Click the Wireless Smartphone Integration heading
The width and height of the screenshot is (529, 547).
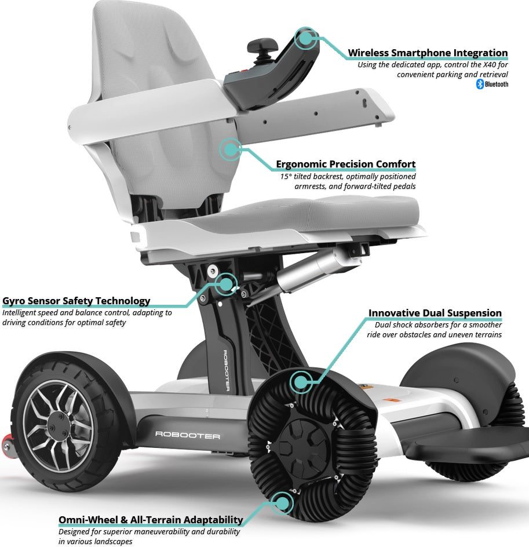point(428,53)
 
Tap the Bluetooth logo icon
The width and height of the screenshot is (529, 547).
point(480,85)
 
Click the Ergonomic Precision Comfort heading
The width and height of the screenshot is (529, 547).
point(345,164)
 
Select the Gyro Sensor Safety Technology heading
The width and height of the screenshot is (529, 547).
point(76,301)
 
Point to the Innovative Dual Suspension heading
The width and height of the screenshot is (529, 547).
point(435,313)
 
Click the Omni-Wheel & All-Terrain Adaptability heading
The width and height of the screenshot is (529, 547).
point(150,519)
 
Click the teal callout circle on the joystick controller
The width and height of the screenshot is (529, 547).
point(306,39)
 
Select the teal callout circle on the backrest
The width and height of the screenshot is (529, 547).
point(231,149)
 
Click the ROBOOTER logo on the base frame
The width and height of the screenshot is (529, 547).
point(187,434)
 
